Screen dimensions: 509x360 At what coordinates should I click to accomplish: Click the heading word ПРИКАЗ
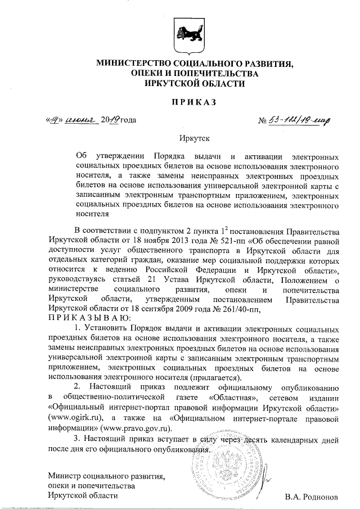[x=187, y=102]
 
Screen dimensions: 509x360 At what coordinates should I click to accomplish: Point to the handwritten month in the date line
[x=81, y=119]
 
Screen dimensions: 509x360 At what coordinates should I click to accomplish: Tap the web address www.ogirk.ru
[x=71, y=418]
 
